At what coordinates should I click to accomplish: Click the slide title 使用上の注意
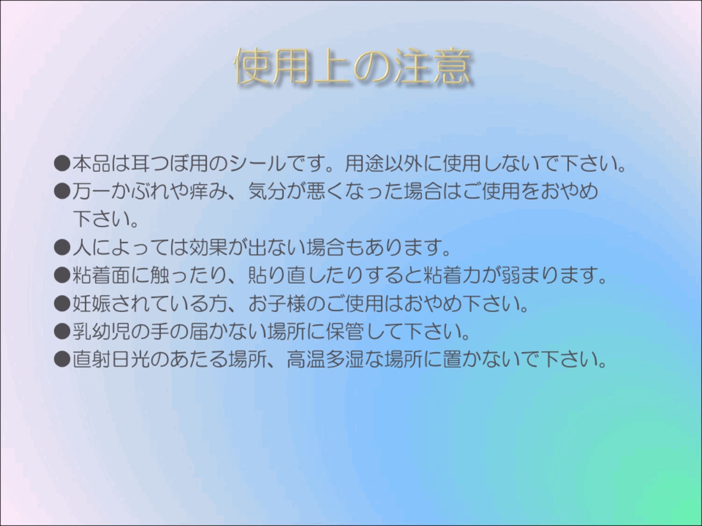pyautogui.click(x=352, y=67)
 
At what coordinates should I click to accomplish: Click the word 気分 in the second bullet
pyautogui.click(x=267, y=191)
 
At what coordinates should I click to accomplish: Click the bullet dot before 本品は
pyautogui.click(x=62, y=164)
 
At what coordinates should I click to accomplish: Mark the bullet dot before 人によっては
pyautogui.click(x=62, y=248)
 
